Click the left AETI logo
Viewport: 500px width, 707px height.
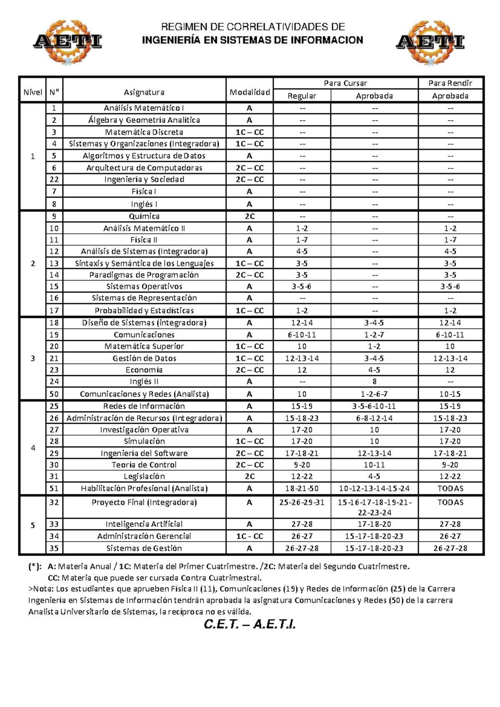click(x=67, y=42)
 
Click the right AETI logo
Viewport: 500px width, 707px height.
click(x=430, y=42)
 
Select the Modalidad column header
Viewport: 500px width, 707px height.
click(x=250, y=92)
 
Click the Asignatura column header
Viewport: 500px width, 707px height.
click(x=144, y=92)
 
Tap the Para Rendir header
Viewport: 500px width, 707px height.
click(x=450, y=83)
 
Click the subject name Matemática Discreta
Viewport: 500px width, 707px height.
click(x=144, y=132)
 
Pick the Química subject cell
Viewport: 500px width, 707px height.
click(x=144, y=216)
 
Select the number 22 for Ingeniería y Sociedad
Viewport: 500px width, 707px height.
click(x=54, y=179)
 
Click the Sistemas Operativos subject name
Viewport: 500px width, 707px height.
click(x=144, y=286)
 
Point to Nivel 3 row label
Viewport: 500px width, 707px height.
click(x=33, y=359)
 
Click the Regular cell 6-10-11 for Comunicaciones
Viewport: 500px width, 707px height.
click(x=302, y=335)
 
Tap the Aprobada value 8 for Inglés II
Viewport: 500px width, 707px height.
click(x=374, y=381)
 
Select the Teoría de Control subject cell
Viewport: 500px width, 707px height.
click(x=144, y=465)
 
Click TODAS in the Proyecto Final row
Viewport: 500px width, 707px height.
click(x=450, y=502)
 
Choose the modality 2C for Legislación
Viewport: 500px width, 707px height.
click(x=250, y=476)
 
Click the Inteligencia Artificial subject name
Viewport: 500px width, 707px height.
click(x=144, y=524)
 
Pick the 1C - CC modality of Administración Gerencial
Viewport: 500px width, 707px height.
click(x=250, y=536)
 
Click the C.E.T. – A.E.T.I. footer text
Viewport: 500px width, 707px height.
click(x=250, y=624)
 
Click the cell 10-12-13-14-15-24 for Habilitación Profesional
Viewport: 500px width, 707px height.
click(x=374, y=488)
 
